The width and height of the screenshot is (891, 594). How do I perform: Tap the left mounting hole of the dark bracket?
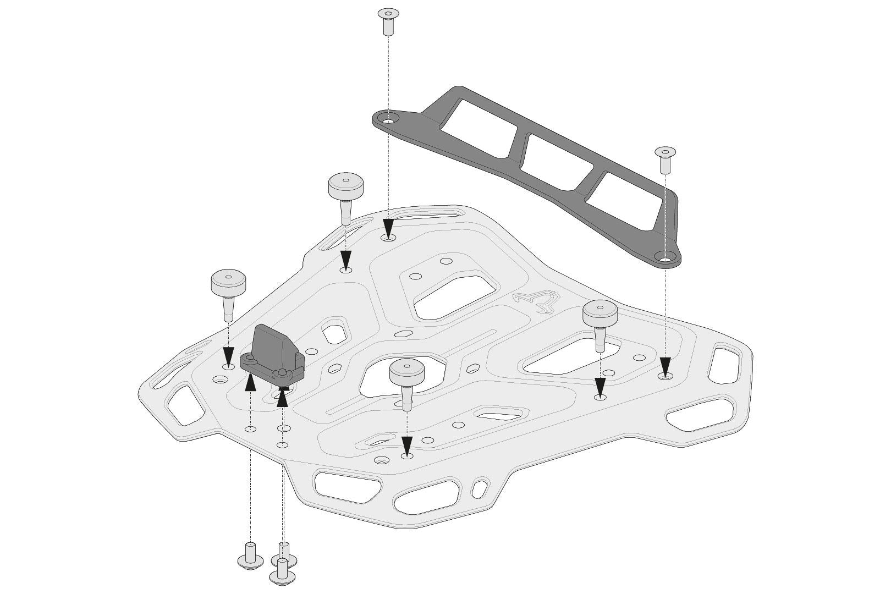[x=389, y=119]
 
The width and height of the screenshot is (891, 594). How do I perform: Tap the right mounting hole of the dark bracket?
[x=665, y=257]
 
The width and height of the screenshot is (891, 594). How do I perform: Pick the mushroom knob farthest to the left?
[x=228, y=291]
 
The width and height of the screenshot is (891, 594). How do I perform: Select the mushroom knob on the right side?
[x=601, y=322]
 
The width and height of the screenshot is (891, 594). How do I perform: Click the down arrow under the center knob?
[x=407, y=444]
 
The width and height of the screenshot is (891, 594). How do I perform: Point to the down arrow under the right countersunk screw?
[x=665, y=365]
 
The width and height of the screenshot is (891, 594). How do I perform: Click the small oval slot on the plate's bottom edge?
[x=480, y=487]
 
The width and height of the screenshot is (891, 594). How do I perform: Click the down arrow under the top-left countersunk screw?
[x=389, y=227]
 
